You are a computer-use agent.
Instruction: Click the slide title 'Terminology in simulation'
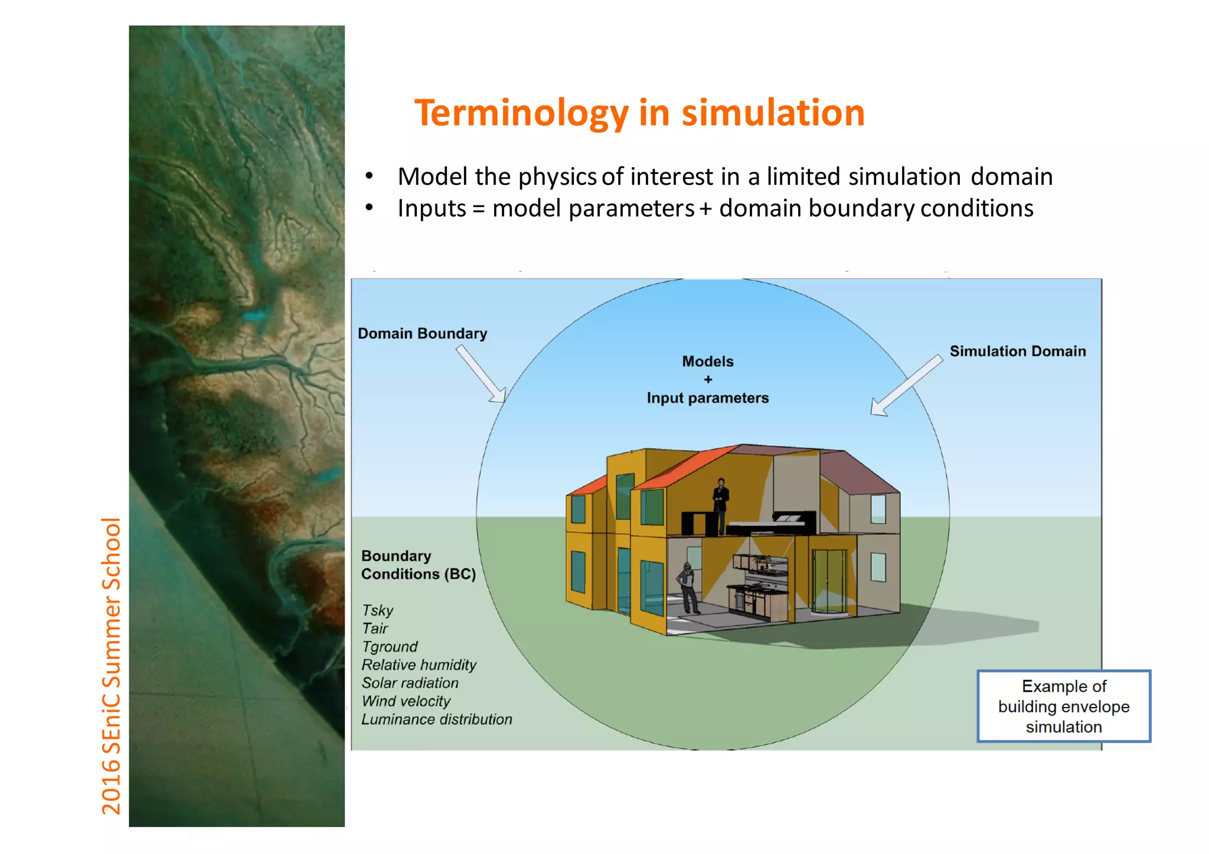(639, 113)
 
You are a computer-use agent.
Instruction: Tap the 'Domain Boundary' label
(422, 333)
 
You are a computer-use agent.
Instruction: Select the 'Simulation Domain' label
(1017, 351)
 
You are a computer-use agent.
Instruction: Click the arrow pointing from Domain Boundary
(481, 374)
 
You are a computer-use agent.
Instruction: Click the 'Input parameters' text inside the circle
(707, 398)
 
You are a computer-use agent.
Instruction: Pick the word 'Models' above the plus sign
(707, 361)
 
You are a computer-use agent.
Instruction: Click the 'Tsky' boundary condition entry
(377, 610)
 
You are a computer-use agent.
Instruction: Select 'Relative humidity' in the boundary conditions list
(419, 665)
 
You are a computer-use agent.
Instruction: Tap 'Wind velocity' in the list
(406, 701)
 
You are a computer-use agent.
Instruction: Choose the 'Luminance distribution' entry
(436, 719)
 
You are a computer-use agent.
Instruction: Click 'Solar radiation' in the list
(410, 683)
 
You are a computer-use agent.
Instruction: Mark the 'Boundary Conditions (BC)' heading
(418, 565)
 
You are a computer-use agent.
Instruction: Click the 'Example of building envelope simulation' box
(1063, 706)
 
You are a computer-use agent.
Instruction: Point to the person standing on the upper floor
(720, 505)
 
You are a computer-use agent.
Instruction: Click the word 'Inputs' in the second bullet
(432, 208)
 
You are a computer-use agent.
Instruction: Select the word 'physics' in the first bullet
(557, 176)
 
